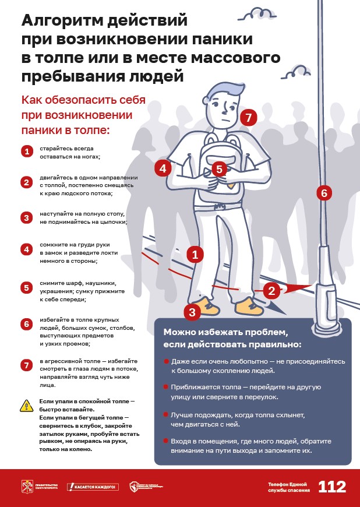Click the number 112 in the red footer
pyautogui.click(x=332, y=487)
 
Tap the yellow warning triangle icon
pyautogui.click(x=26, y=406)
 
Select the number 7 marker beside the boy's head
pyautogui.click(x=248, y=118)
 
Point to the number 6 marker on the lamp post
pyautogui.click(x=324, y=192)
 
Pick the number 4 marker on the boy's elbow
pyautogui.click(x=163, y=168)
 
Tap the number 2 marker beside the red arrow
pyautogui.click(x=270, y=290)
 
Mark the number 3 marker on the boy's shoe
pyautogui.click(x=193, y=311)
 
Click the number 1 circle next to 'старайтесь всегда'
pyautogui.click(x=26, y=152)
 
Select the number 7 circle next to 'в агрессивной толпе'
pyautogui.click(x=26, y=365)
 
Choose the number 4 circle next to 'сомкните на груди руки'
pyautogui.click(x=26, y=249)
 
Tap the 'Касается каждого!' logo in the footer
pyautogui.click(x=93, y=487)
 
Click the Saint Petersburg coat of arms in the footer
pyautogui.click(x=26, y=487)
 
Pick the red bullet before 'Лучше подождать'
pyautogui.click(x=167, y=415)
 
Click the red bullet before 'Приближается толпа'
pyautogui.click(x=167, y=387)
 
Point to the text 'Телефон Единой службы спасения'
pyautogui.click(x=289, y=487)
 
